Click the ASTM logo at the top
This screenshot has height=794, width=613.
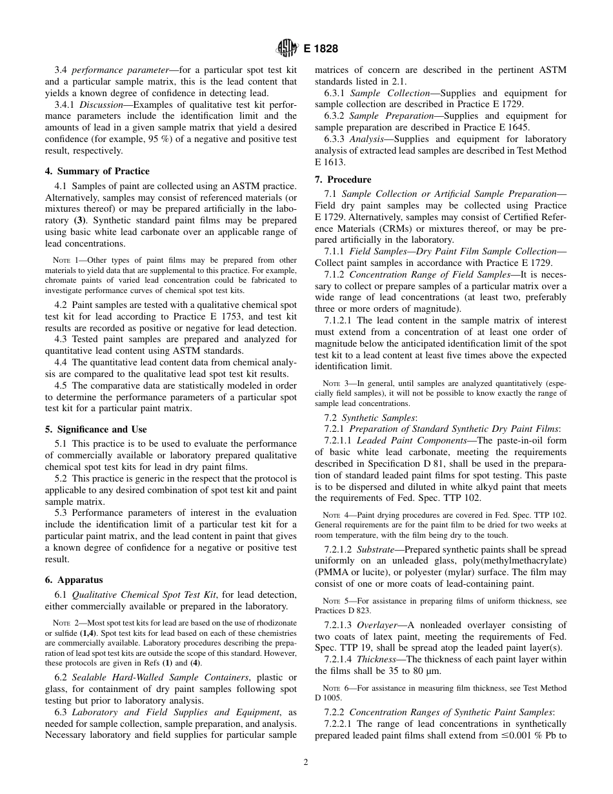286,48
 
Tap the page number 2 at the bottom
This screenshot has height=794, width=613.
306,762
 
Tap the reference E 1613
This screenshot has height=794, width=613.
330,162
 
